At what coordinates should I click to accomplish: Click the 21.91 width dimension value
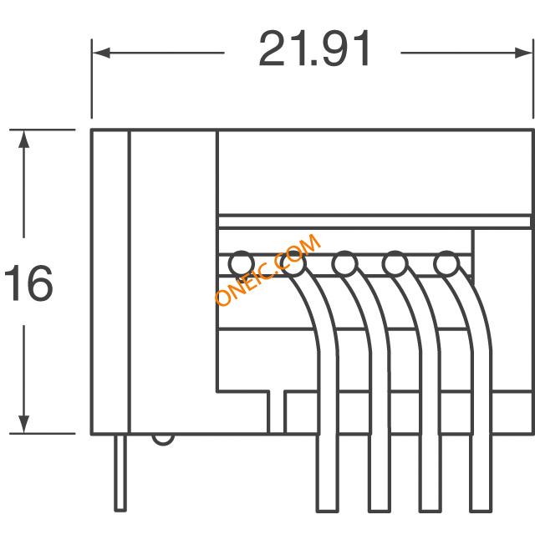[x=314, y=48]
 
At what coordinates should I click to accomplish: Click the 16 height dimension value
[x=28, y=283]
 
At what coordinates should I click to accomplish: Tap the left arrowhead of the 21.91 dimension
[x=101, y=53]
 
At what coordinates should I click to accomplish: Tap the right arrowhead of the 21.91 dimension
[x=523, y=53]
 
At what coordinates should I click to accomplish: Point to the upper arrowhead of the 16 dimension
[x=23, y=140]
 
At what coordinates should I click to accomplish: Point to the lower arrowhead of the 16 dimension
[x=23, y=424]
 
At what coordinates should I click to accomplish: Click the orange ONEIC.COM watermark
[x=268, y=269]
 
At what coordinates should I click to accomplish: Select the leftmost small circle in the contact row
[x=242, y=264]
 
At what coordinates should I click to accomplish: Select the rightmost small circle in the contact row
[x=446, y=264]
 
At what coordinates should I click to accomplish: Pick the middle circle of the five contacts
[x=344, y=264]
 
